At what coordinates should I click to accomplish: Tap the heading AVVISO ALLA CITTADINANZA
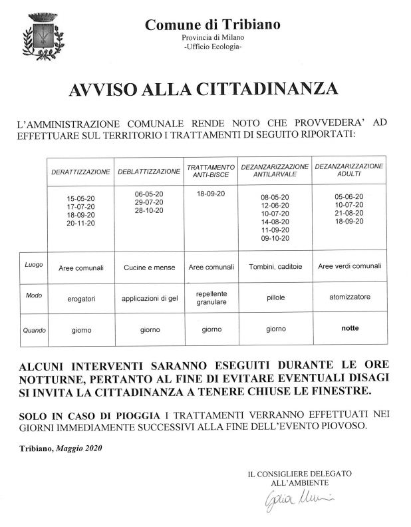coord(204,90)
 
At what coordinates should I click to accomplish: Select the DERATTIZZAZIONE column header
coord(80,172)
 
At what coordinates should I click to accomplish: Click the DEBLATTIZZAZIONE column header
coord(149,172)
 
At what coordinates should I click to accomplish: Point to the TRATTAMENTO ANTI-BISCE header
coord(210,170)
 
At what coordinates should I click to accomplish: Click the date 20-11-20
coord(80,224)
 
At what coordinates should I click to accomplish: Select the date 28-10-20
coord(149,210)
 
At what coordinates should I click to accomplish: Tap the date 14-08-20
coord(275,222)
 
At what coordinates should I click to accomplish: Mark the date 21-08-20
coord(349,214)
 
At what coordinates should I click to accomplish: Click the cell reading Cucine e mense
coord(149,267)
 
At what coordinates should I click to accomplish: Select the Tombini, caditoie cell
coord(275,267)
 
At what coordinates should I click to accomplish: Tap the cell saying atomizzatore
coord(349,297)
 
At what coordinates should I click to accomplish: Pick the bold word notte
coord(350,327)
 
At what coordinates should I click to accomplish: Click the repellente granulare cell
coord(211,297)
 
